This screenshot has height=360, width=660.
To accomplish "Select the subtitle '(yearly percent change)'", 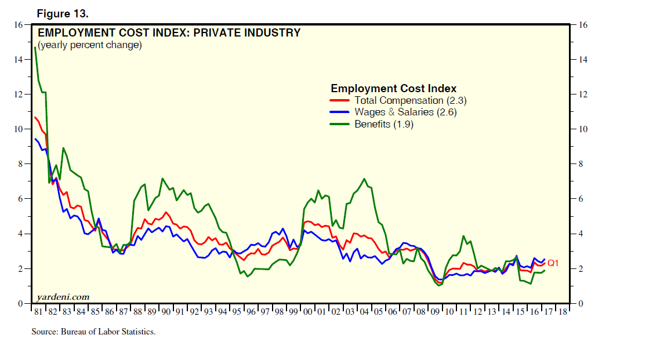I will coord(90,45).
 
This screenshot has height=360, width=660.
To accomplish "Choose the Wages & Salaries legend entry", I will coord(405,112).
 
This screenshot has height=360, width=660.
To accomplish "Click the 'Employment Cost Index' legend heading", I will coord(393,89).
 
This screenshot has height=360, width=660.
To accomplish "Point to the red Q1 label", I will coord(553,263).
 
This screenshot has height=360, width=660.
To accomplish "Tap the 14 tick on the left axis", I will coord(18,60).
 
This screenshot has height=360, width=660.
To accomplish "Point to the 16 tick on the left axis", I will coord(18,25).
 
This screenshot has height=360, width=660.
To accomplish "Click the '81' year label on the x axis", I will coord(38,312).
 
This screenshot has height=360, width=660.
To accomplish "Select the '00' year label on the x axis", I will coord(308,312).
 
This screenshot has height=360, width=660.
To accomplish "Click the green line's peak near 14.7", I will coord(35,48).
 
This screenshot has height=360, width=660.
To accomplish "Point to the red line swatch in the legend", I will coord(339,100).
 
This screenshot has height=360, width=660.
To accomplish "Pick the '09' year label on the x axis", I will coord(436,312).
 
